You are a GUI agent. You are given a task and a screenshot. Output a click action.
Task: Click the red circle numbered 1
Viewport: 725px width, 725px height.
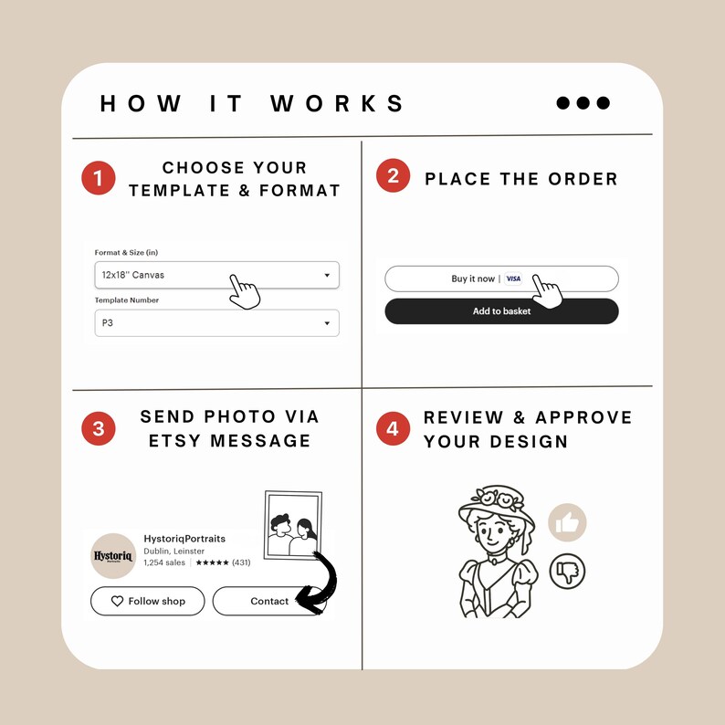(99, 178)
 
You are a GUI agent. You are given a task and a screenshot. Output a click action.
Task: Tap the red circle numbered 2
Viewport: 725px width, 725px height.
(393, 175)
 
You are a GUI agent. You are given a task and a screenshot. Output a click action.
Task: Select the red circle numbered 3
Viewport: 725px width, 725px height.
(99, 428)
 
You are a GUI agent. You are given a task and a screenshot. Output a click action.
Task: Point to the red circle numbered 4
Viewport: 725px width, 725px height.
(393, 428)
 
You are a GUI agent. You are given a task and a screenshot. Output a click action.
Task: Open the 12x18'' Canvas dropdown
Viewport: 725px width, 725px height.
(216, 275)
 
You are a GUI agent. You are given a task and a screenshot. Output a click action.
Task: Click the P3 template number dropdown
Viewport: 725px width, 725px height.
(216, 322)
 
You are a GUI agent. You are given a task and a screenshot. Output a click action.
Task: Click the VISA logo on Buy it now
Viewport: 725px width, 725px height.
(513, 278)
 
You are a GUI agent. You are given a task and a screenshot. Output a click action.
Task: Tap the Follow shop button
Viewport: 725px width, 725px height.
(148, 601)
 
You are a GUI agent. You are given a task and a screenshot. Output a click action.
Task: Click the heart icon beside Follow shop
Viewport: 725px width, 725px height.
(118, 601)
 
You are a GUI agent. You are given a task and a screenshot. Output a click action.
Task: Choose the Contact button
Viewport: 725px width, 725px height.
(269, 601)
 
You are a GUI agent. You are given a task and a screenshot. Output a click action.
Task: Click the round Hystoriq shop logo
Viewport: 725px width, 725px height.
(113, 556)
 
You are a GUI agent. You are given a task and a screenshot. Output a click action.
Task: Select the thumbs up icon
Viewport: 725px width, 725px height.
(567, 522)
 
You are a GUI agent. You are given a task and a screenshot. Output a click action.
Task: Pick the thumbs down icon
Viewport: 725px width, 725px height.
(567, 571)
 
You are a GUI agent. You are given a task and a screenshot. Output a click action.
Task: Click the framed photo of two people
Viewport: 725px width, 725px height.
(293, 525)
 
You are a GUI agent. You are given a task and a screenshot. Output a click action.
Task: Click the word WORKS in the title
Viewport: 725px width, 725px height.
(338, 103)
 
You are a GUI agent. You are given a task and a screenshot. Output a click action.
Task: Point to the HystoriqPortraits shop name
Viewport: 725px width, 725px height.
(184, 539)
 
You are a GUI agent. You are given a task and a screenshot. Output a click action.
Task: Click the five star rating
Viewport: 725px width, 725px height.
(212, 562)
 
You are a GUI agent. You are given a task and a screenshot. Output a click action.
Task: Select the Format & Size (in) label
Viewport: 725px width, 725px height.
(126, 252)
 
